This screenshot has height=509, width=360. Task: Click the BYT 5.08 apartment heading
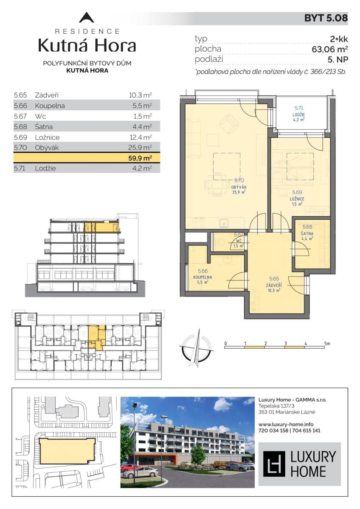tap(326, 18)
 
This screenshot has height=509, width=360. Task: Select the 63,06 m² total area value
tap(329, 49)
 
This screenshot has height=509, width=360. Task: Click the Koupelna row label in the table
tap(50, 106)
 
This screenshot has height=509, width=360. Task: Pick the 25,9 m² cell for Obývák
tap(141, 148)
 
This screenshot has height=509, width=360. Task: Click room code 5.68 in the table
tap(20, 127)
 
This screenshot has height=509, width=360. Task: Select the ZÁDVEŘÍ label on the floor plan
tap(275, 285)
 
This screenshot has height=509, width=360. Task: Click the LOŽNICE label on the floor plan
tap(296, 198)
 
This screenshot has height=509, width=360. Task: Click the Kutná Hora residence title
tap(87, 45)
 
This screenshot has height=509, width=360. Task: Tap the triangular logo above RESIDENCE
tap(87, 18)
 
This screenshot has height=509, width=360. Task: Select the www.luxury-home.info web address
tap(286, 424)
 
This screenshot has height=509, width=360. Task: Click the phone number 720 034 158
tap(273, 430)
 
